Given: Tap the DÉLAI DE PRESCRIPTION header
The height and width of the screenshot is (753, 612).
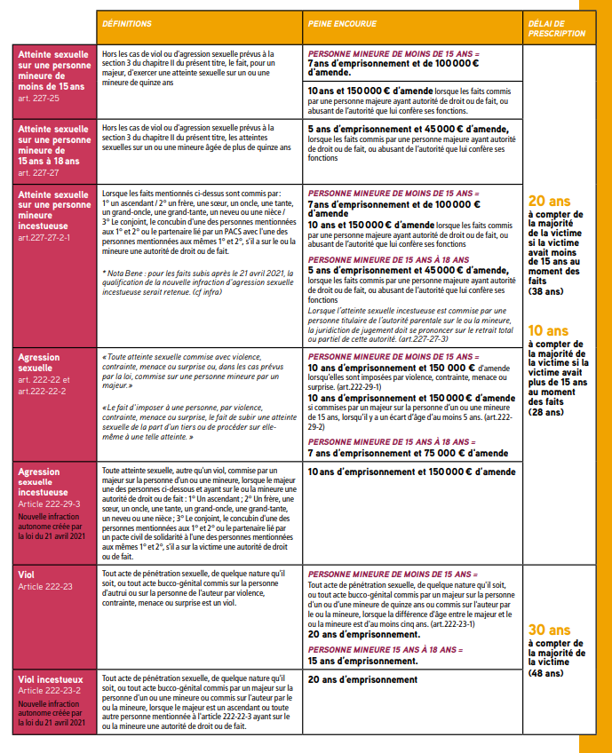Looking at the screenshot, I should click(556, 28).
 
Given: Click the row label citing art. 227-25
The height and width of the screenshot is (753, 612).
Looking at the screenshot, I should click(53, 75).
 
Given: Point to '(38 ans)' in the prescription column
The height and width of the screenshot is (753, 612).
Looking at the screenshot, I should click(546, 290).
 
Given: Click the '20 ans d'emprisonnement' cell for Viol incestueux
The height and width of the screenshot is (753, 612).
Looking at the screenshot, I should click(362, 680).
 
